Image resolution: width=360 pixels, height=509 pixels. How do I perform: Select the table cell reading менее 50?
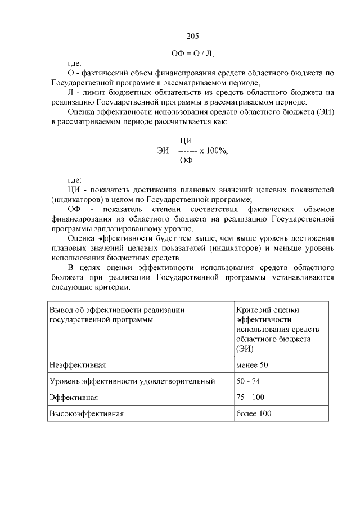[x=252, y=365]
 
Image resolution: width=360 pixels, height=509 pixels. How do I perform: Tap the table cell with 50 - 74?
[x=248, y=381]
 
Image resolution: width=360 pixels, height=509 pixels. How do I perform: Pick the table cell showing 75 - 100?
[x=250, y=397]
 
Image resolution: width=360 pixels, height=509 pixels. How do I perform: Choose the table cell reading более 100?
[x=254, y=413]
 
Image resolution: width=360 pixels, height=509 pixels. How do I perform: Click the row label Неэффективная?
[x=78, y=365]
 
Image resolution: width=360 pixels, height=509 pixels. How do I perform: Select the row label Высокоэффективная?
[x=86, y=413]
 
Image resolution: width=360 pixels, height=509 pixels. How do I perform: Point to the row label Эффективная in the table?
[x=74, y=397]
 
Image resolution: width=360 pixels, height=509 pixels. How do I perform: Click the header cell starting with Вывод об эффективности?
[x=117, y=314]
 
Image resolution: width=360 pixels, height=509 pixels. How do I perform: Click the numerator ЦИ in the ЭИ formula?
[x=186, y=141]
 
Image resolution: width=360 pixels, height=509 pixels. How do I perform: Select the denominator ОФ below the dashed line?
[x=186, y=160]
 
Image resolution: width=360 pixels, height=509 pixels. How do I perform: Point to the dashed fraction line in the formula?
[x=187, y=151]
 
